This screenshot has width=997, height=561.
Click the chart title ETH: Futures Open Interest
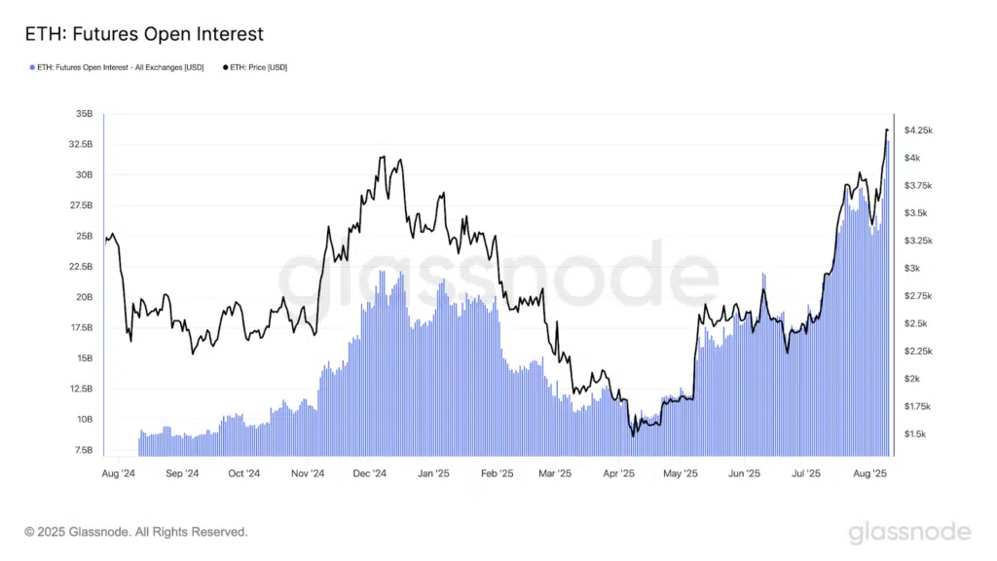point(144,34)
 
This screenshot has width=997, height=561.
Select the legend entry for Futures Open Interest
point(118,67)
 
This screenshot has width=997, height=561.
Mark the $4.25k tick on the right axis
point(919,130)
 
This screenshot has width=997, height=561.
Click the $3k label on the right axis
point(912,268)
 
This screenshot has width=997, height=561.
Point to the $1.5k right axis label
point(916,433)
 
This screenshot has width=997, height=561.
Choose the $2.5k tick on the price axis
point(916,323)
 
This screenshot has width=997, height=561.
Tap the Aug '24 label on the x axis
point(117,474)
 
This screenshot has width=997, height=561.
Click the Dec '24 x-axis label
point(369,474)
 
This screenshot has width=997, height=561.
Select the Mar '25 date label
point(554,474)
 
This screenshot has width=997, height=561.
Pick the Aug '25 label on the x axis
point(868,474)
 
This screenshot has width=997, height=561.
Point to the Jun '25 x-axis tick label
point(744,474)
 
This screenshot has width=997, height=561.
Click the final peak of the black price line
point(887,130)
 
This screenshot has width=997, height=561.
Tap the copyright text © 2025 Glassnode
point(136,532)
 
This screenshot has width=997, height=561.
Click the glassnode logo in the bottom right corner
point(908,532)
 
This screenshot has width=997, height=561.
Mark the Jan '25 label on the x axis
point(432,474)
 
